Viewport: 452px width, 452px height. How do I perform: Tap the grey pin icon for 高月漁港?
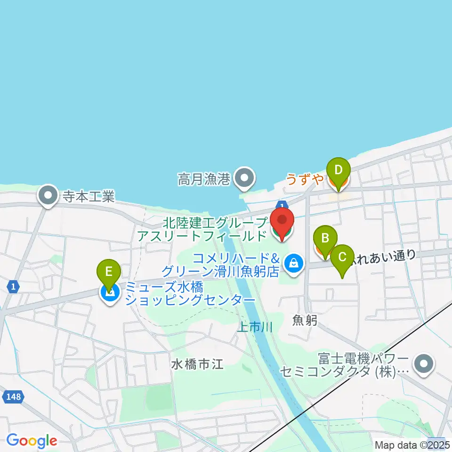coord(244,178)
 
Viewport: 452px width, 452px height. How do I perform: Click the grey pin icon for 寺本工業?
coord(48,196)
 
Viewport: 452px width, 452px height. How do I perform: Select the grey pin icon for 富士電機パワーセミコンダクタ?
coord(423,364)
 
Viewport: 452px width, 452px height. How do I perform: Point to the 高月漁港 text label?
coord(203,179)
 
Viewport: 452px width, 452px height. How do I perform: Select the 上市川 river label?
coord(255,327)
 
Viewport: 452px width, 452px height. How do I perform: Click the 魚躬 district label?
coord(305,321)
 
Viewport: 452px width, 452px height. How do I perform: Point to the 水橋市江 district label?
coord(197,363)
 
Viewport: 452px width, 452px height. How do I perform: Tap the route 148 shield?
coord(14,397)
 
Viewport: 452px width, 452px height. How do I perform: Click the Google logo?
coord(32,441)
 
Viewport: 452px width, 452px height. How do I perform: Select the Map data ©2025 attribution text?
coord(412,444)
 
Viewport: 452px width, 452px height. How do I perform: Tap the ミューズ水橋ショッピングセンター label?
coord(190,294)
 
